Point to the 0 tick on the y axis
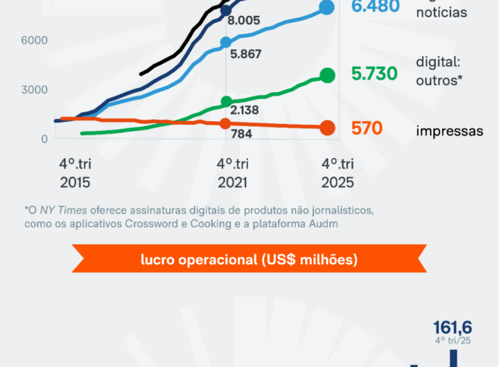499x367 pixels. tap(44, 138)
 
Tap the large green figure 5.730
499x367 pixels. tap(374, 75)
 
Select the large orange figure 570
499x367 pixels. tap(367, 129)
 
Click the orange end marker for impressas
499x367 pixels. tap(328, 128)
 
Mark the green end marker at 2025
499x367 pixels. tap(328, 75)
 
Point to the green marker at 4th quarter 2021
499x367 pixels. tap(226, 102)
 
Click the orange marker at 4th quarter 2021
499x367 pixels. tap(226, 123)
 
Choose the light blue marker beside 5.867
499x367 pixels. tap(226, 42)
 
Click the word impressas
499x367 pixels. tap(450, 131)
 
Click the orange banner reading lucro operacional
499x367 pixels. tap(249, 260)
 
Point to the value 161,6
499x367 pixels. tap(453, 328)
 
